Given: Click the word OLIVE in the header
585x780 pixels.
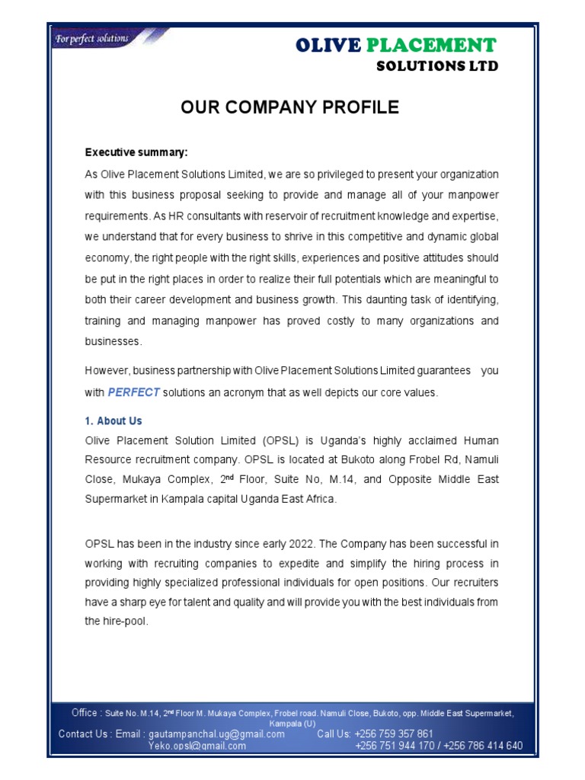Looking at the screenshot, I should [328, 45].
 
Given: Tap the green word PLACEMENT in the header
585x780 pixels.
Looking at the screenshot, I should [431, 45].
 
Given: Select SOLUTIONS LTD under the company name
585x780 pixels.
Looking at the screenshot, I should [437, 66].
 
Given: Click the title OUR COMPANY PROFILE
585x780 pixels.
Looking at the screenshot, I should [289, 107].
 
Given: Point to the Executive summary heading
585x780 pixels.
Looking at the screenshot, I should [136, 152].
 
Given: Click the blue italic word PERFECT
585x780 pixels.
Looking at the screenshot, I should [134, 392].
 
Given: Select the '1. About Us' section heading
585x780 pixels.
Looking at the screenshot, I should [113, 420].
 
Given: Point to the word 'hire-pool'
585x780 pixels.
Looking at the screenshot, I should [126, 621].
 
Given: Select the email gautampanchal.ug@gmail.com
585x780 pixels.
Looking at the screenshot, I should [216, 734].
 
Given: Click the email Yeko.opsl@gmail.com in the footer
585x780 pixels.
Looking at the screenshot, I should [197, 746].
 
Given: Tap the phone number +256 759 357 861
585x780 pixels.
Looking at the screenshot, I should [394, 734].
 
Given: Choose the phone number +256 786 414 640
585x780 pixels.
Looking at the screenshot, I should [484, 746].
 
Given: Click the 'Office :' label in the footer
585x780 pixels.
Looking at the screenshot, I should [86, 713].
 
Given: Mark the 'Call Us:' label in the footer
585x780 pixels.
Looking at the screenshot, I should [334, 734].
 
